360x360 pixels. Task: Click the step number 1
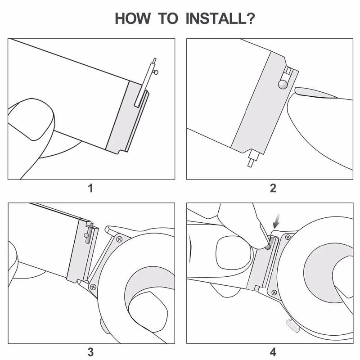coord(91,188)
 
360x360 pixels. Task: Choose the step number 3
coord(91,351)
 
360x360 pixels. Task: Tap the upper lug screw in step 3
coord(119,238)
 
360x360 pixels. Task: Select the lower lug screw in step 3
coord(93,287)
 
